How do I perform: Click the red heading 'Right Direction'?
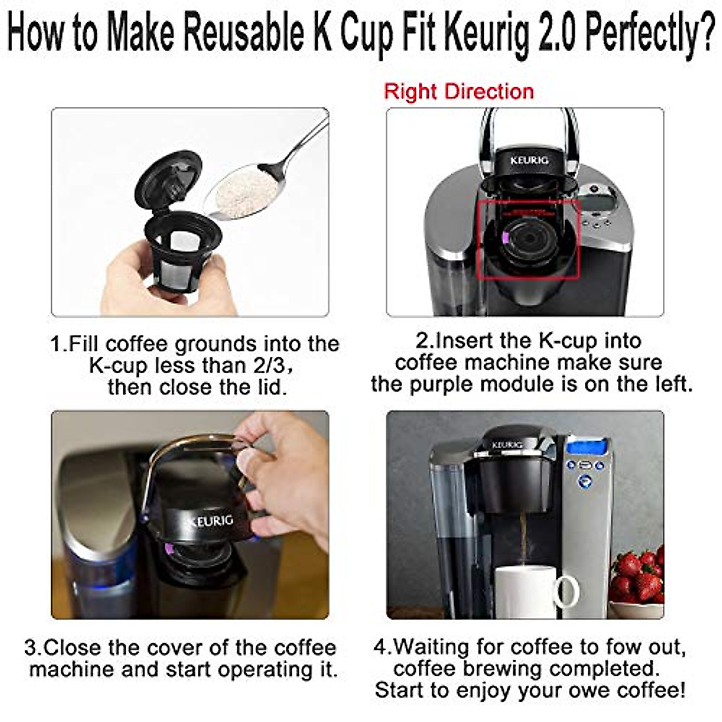pyautogui.click(x=458, y=92)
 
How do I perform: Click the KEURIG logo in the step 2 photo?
pyautogui.click(x=529, y=161)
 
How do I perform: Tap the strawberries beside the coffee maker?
pyautogui.click(x=638, y=578)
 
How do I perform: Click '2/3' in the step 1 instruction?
pyautogui.click(x=268, y=366)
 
